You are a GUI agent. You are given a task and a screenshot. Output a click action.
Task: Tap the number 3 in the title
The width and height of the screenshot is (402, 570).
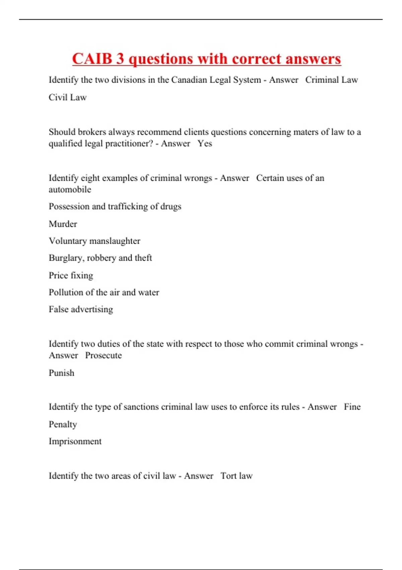pos(120,59)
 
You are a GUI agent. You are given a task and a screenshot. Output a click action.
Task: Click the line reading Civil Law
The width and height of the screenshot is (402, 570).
pos(68,97)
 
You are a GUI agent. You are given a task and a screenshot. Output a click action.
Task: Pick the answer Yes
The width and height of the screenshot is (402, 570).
pos(204,144)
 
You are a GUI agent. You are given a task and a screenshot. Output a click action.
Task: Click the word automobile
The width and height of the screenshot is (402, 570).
pos(70,189)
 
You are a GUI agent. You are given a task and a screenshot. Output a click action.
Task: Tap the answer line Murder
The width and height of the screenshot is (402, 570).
pos(63,224)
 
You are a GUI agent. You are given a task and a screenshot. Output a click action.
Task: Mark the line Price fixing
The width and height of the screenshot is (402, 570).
pos(71,275)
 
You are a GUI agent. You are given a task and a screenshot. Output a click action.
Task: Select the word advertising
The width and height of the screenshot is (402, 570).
pos(92,309)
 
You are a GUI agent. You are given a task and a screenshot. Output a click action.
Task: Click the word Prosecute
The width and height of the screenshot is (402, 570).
pos(103,355)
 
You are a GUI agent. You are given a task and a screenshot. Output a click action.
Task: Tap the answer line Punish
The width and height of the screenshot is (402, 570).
pos(61,373)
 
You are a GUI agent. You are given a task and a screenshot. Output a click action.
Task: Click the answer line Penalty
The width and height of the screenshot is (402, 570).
pos(63,424)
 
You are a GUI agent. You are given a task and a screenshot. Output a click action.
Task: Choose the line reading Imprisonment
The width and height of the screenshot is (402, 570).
pos(75,441)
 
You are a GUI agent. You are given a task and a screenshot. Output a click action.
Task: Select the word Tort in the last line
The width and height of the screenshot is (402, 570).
pos(228,476)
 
